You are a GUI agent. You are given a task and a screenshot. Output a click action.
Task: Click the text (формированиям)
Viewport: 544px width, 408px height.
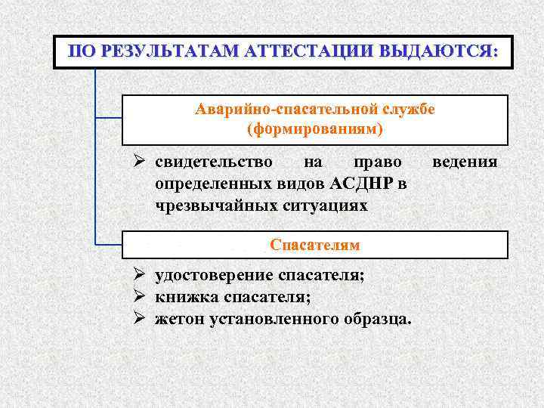coord(314,129)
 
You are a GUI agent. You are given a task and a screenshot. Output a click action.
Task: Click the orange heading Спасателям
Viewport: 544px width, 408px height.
coord(314,246)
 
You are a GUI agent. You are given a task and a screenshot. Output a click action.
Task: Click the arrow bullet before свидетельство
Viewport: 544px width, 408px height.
coord(139,162)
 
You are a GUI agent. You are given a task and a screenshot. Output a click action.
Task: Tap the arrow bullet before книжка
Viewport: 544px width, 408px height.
coord(139,297)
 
